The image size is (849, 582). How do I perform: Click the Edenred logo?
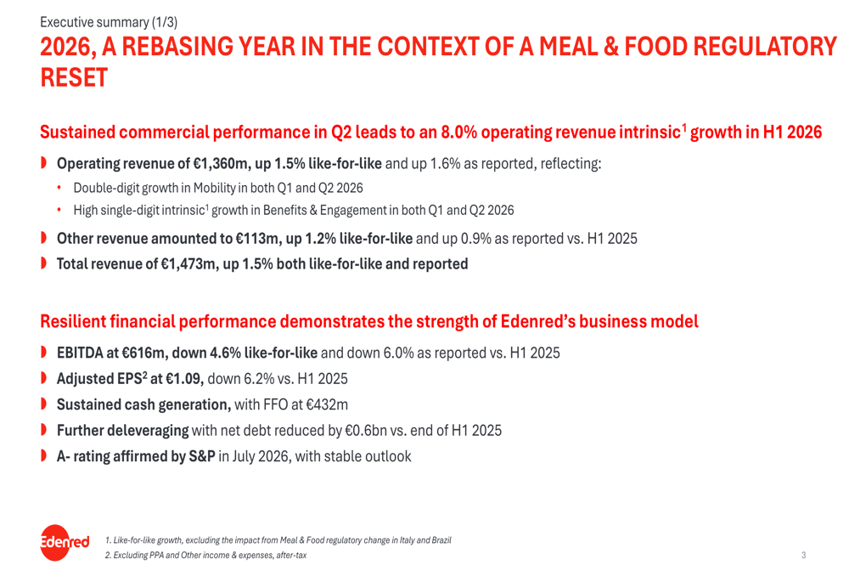tap(65, 542)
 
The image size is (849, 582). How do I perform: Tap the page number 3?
tap(803, 555)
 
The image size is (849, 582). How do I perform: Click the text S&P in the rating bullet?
tap(202, 456)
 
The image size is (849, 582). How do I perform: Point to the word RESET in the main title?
tap(74, 78)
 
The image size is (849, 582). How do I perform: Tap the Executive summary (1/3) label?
tap(109, 22)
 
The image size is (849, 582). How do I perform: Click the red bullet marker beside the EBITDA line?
tap(43, 353)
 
